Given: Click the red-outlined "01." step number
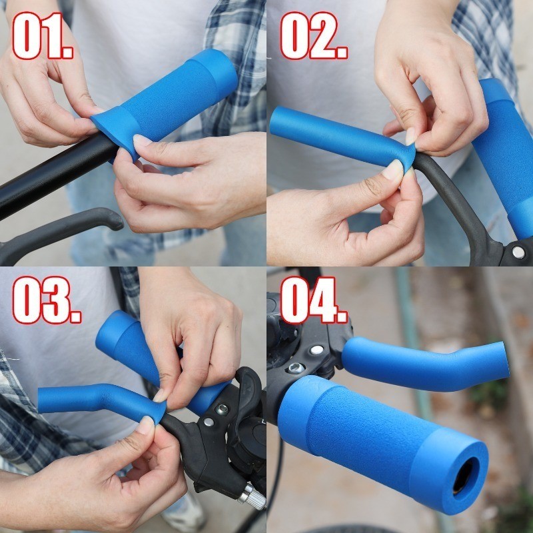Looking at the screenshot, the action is click(x=43, y=36).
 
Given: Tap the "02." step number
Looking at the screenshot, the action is click(x=314, y=36).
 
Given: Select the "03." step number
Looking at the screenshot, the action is click(x=47, y=300).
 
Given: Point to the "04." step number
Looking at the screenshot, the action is click(x=314, y=300).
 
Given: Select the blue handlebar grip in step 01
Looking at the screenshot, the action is click(x=167, y=102).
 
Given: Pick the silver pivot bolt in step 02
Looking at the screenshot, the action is click(x=518, y=253).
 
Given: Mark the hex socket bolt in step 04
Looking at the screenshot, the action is click(x=296, y=368).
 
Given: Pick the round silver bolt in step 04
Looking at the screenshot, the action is click(x=317, y=350).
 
